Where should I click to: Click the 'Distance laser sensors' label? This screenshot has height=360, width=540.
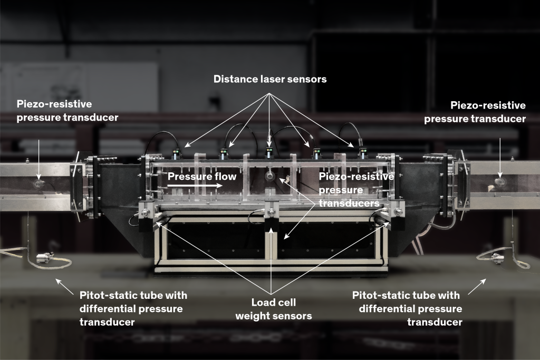(270, 79)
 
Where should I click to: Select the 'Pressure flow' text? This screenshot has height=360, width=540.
(202, 177)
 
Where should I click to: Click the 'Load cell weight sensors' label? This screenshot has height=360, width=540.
(274, 309)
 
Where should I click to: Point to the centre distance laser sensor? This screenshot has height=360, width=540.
(269, 152)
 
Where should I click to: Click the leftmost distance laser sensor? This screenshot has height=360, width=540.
(177, 154)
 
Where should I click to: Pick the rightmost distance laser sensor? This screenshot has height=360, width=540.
(363, 153)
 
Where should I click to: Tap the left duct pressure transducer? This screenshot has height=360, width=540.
(38, 184)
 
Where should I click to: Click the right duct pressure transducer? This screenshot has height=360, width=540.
(499, 182)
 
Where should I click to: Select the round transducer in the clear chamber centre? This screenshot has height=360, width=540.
(270, 177)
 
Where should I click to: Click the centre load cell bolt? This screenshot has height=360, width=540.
(272, 211)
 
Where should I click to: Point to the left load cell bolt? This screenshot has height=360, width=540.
(145, 212)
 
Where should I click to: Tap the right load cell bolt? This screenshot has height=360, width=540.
(399, 212)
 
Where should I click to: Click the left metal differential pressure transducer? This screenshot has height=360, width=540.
(45, 257)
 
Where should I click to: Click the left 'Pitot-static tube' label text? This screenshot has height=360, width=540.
(133, 309)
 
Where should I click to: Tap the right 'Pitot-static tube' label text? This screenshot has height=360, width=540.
(407, 309)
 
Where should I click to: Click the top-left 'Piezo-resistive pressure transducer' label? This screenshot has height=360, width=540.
(67, 111)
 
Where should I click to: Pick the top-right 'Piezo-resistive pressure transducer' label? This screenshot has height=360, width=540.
(475, 112)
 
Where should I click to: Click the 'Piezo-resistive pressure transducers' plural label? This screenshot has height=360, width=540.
(356, 190)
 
